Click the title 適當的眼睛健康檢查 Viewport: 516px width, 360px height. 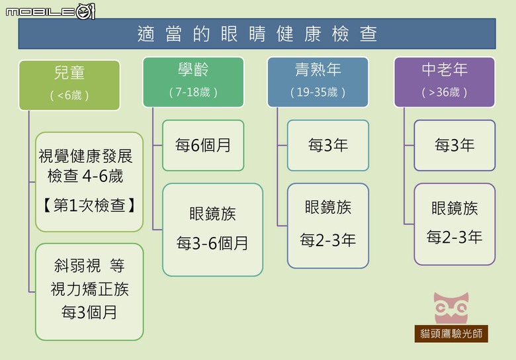click(257, 34)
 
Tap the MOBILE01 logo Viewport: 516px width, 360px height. click(50, 12)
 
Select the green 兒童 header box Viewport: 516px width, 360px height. click(69, 85)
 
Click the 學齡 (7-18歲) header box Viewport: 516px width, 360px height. click(193, 82)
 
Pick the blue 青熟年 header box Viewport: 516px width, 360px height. click(318, 82)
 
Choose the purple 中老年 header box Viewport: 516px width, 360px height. click(445, 82)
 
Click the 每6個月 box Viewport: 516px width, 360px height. click(203, 145)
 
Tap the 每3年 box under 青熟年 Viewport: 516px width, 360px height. click(328, 145)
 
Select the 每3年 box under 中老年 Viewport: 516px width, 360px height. click(454, 145)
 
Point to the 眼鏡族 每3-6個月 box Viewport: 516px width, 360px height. click(212, 230)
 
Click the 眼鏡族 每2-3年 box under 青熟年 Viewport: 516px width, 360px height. click(328, 226)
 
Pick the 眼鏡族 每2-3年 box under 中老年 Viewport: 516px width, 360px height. click(454, 224)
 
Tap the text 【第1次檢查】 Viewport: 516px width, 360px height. click(89, 205)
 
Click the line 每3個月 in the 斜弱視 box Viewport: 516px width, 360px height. click(89, 312)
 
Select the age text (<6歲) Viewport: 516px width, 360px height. click(69, 95)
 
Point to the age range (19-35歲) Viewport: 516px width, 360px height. click(318, 92)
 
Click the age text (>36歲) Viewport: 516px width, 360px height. click(445, 92)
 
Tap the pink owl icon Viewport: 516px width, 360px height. click(451, 308)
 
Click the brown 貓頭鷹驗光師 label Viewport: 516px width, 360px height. click(451, 334)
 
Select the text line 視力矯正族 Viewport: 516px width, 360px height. click(89, 289)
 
